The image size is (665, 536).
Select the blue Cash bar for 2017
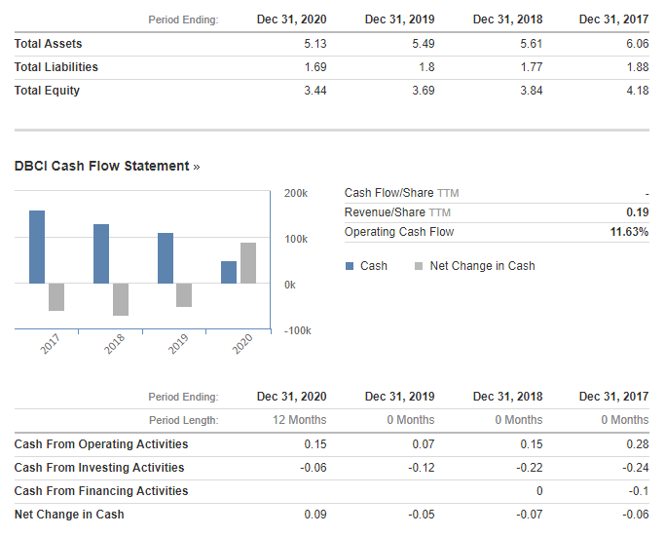[37, 247]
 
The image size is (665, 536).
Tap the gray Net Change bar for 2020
[248, 263]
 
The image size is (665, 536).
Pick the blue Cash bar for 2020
[229, 272]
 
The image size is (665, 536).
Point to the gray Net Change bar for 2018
[121, 299]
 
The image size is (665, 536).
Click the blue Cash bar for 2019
[166, 258]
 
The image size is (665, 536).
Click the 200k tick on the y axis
[296, 194]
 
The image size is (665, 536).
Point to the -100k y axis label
[296, 330]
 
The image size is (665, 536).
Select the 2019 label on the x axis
[177, 343]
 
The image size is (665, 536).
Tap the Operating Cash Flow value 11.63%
[629, 232]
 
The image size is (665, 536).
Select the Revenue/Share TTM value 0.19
[638, 212]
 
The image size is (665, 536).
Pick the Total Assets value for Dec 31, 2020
[314, 44]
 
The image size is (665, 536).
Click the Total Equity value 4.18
[637, 91]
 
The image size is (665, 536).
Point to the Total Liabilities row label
[56, 67]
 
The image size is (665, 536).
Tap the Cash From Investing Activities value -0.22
[530, 468]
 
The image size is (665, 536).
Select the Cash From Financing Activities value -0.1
[639, 491]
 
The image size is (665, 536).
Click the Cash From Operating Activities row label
[101, 444]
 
